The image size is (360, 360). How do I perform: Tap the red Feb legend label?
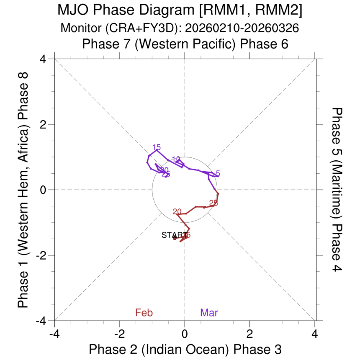coord(144,312)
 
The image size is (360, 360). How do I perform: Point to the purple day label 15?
coord(157,147)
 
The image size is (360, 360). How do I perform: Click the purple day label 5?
coord(218,173)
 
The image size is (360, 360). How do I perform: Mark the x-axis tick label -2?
coord(119,334)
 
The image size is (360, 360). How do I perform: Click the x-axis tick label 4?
coord(315,334)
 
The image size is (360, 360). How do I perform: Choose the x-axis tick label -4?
coord(54,334)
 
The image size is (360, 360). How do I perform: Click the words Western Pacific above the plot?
coord(180,44)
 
